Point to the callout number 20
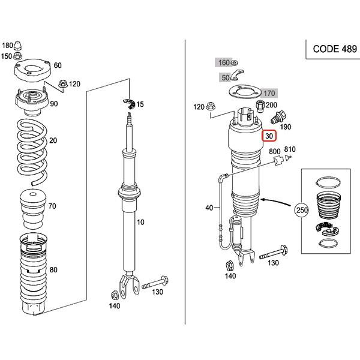[53, 140]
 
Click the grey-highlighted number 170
[269, 93]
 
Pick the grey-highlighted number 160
[223, 62]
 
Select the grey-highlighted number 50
[226, 77]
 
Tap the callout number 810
[290, 151]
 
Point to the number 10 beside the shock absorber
[141, 222]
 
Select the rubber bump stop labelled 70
[34, 205]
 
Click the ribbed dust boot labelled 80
[34, 270]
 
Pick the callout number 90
[53, 104]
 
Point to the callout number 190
[286, 127]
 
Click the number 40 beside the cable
[209, 208]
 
